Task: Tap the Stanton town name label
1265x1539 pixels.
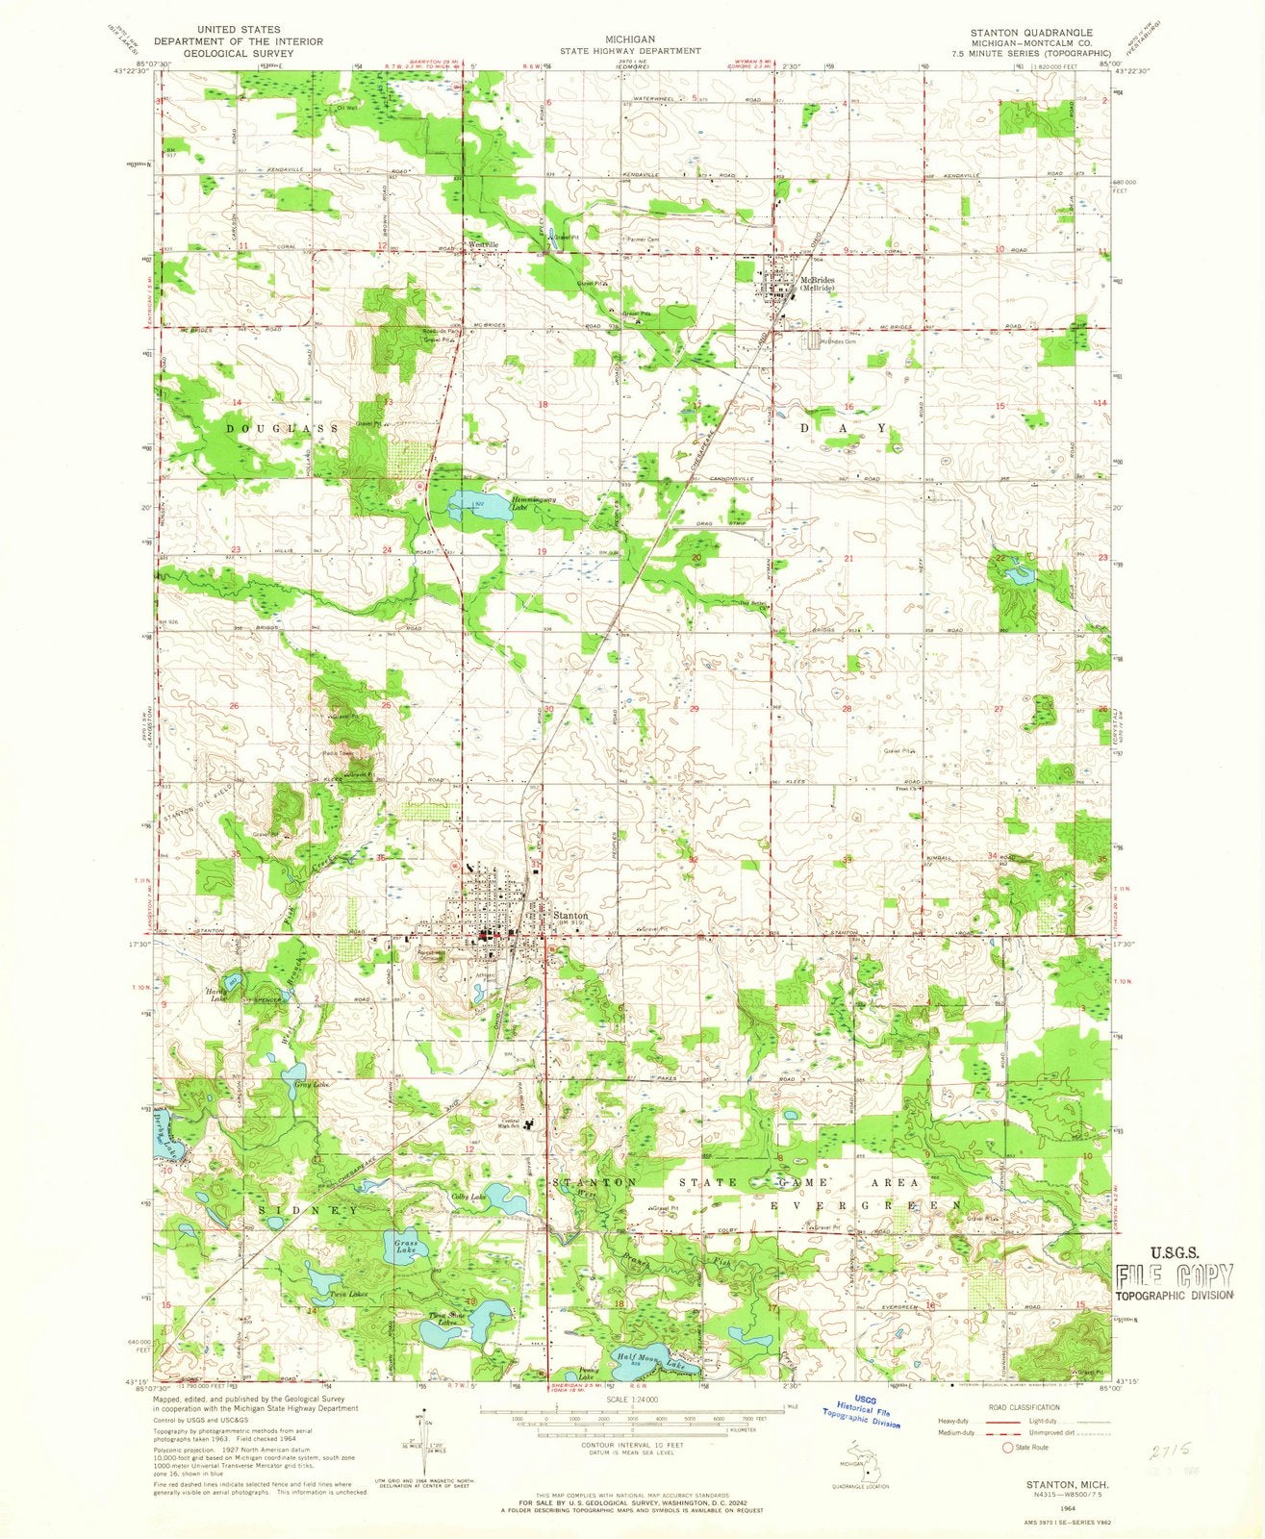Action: (570, 917)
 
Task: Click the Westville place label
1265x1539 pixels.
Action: (484, 244)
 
